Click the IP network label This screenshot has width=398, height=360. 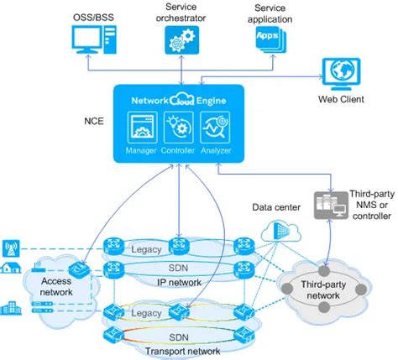[178, 282]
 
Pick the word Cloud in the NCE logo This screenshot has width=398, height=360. [181, 99]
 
